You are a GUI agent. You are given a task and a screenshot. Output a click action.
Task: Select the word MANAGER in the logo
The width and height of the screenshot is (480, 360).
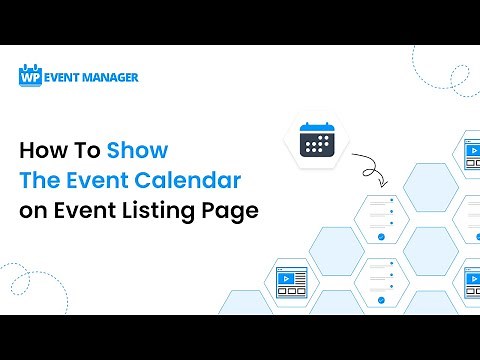tap(111, 76)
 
